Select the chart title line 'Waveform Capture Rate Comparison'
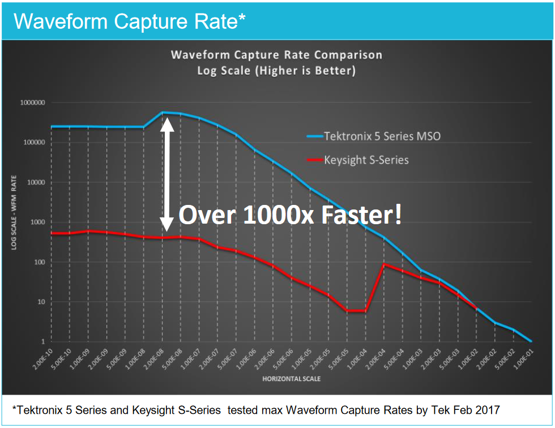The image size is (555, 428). (276, 55)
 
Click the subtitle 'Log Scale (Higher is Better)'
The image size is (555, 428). (276, 71)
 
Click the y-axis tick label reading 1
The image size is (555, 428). (42, 341)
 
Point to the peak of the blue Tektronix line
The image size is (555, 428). (163, 112)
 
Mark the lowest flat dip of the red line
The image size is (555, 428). (357, 311)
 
